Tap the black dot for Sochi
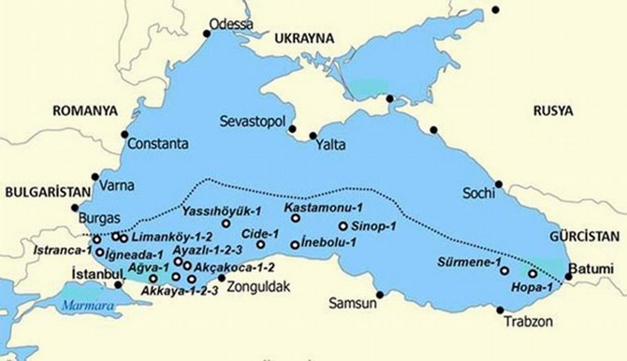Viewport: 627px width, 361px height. [x=499, y=183]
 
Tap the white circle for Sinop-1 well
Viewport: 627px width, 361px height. [x=343, y=226]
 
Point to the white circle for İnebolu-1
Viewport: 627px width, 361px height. [x=295, y=245]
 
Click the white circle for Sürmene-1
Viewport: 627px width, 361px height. [x=505, y=271]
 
